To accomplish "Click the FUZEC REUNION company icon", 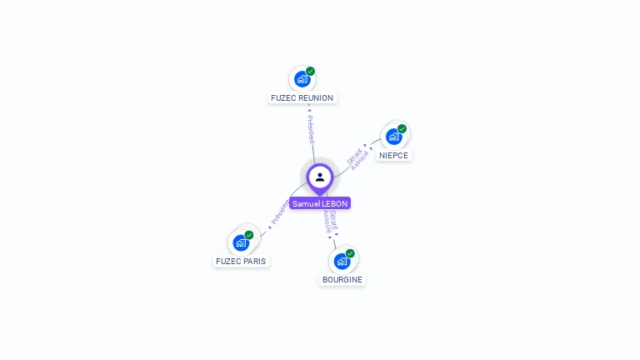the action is point(302,79).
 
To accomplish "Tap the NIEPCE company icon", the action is point(393,136).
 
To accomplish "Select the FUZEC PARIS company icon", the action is point(241,242).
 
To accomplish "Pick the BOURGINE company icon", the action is point(342,261).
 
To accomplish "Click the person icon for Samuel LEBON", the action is point(320,177).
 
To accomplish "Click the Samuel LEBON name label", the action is point(320,203).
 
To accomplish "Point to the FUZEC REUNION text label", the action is point(302,98).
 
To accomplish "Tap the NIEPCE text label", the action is point(393,155).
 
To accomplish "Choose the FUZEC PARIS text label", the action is point(241,262).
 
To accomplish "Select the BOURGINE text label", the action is point(342,280).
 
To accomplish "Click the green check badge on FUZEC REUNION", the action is point(310,72).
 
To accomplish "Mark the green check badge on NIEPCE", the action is point(402,129).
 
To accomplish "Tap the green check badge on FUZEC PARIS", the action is point(249,235).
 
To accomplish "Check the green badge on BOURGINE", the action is point(350,253).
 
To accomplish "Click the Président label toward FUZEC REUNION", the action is point(311,129).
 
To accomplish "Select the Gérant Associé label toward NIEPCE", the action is point(357,157).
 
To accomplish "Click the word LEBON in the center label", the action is point(334,203).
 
